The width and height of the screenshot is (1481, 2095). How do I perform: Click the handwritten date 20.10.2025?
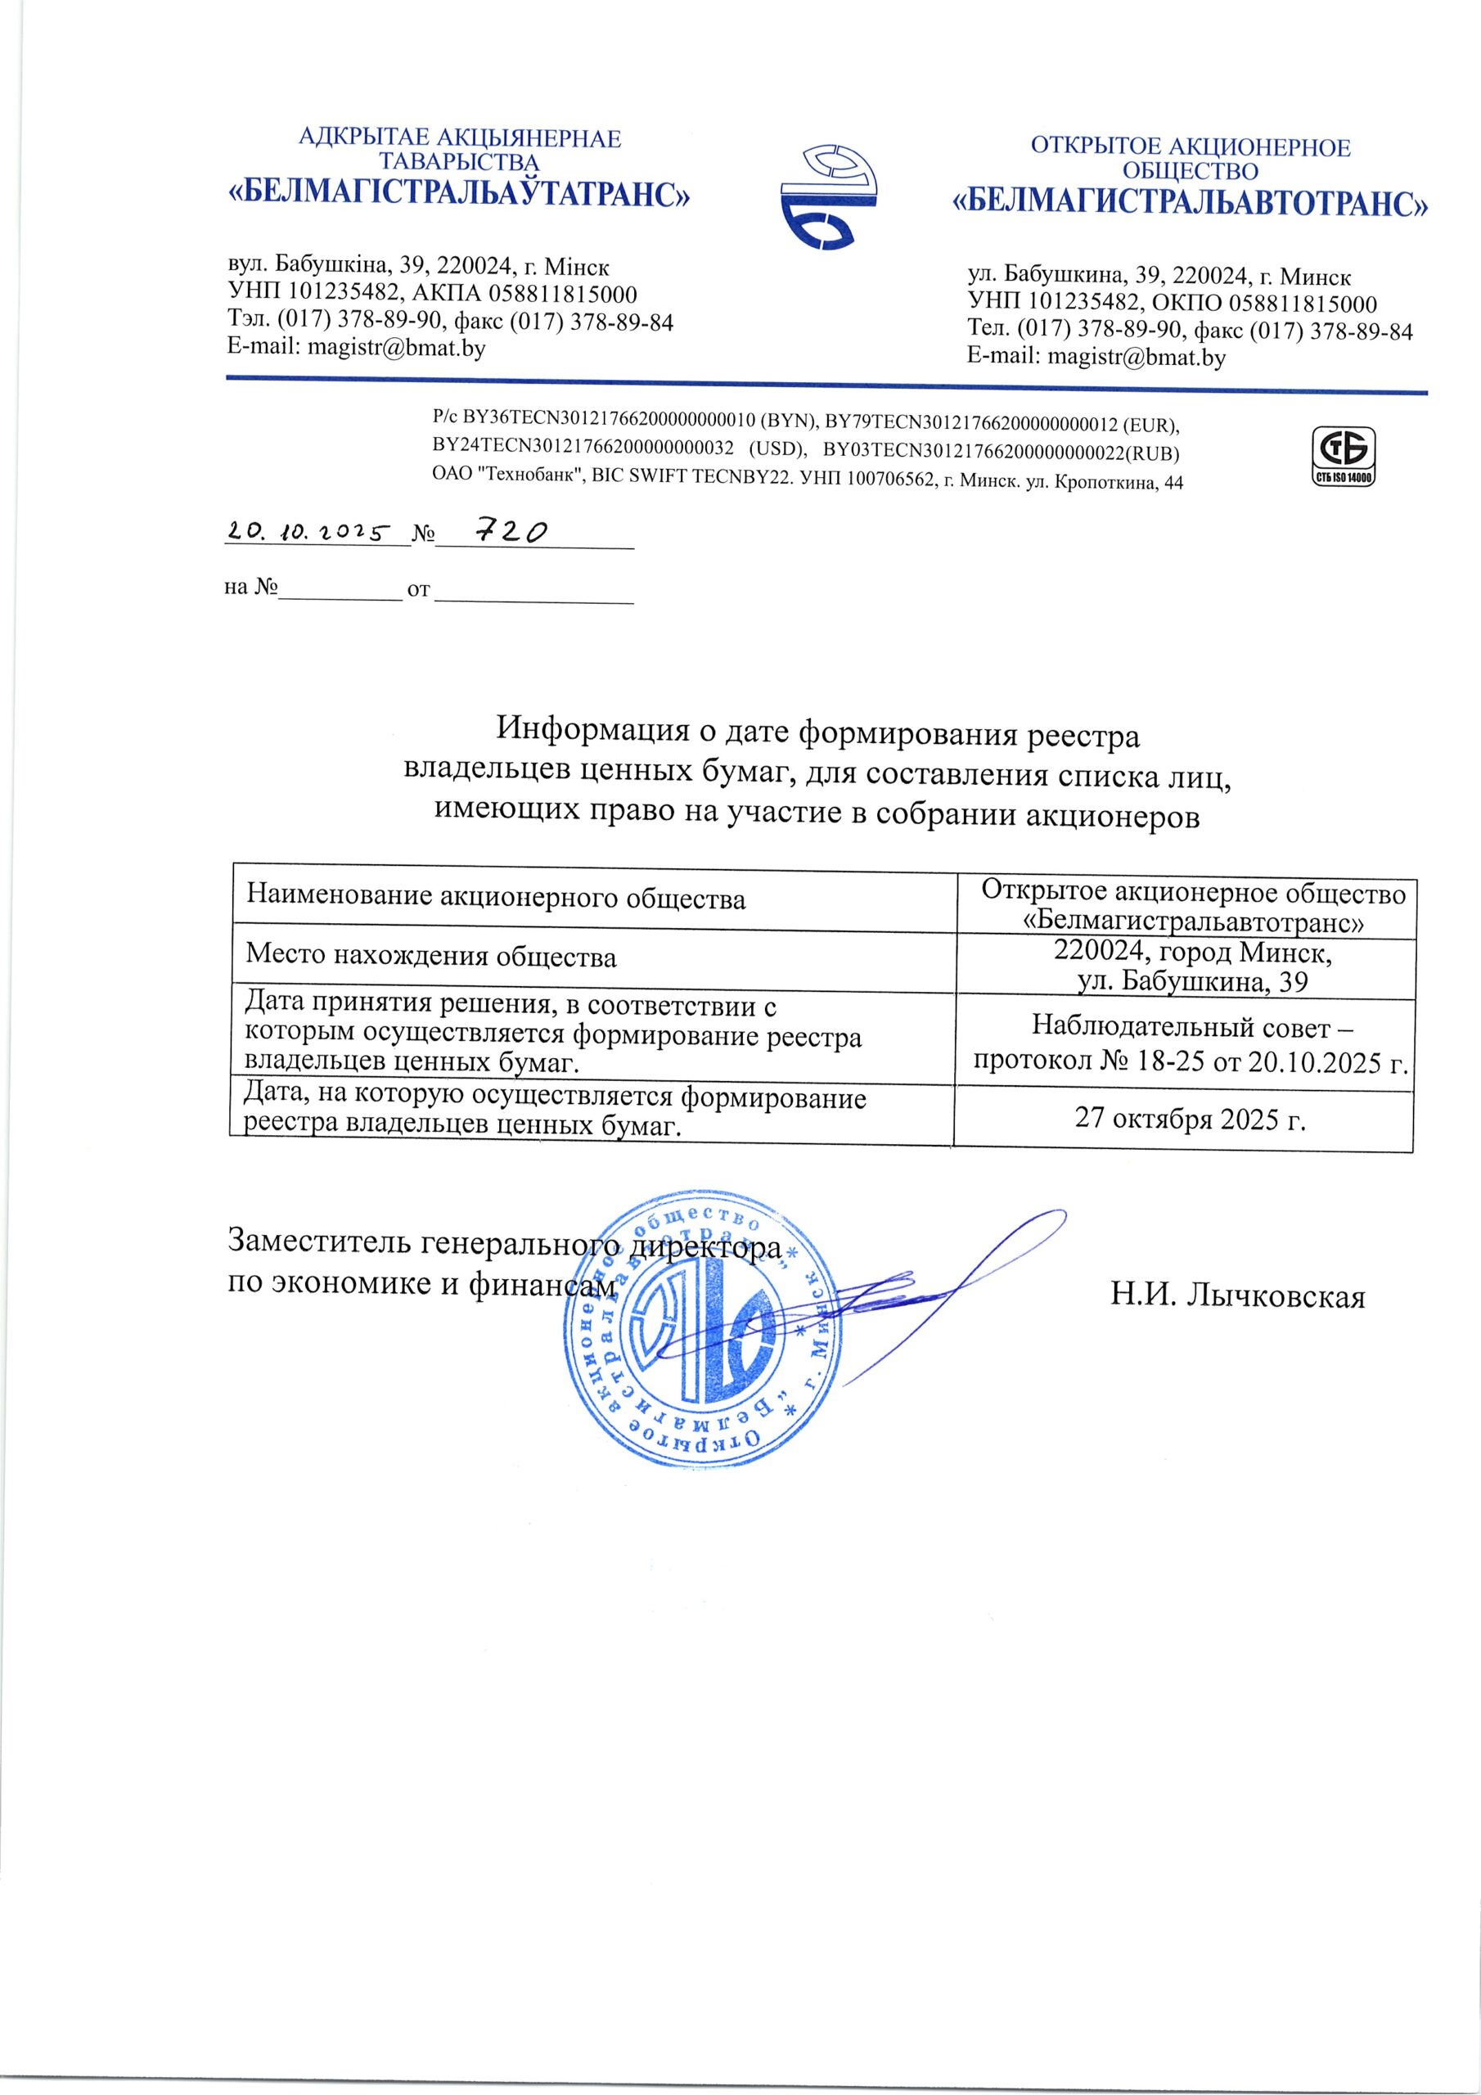(308, 532)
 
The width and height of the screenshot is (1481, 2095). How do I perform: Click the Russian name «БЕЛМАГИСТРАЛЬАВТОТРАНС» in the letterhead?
(1190, 203)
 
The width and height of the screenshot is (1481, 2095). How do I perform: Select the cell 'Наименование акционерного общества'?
(497, 899)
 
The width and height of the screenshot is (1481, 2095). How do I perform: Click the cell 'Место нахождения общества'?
(431, 957)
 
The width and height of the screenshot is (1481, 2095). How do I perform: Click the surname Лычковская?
(1276, 1295)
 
